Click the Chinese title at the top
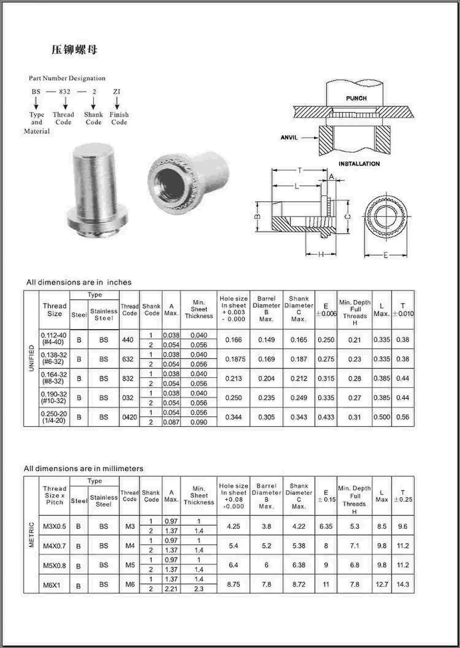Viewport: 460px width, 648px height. click(x=74, y=50)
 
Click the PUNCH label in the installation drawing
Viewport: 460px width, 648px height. click(x=356, y=98)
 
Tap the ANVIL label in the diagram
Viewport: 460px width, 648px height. click(x=289, y=137)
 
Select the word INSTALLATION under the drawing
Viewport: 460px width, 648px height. click(x=359, y=163)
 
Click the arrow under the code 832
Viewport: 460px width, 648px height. click(x=65, y=103)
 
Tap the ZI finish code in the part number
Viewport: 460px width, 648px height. click(x=116, y=91)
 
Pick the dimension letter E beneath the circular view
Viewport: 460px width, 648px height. click(x=385, y=255)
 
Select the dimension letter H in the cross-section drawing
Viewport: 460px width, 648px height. click(x=321, y=254)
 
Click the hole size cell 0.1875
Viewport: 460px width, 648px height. click(x=233, y=359)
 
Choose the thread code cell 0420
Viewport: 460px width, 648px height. click(x=129, y=417)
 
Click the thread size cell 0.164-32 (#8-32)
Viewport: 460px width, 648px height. click(x=54, y=378)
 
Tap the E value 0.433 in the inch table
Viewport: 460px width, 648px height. click(x=326, y=417)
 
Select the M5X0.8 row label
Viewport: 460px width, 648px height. click(x=54, y=565)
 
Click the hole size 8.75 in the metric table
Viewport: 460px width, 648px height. click(x=233, y=584)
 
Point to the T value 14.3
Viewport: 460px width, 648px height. click(x=403, y=584)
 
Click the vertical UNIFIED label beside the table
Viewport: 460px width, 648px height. click(x=31, y=358)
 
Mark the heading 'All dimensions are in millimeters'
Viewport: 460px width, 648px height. click(x=83, y=469)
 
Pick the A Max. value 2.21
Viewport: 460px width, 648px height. click(x=171, y=589)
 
